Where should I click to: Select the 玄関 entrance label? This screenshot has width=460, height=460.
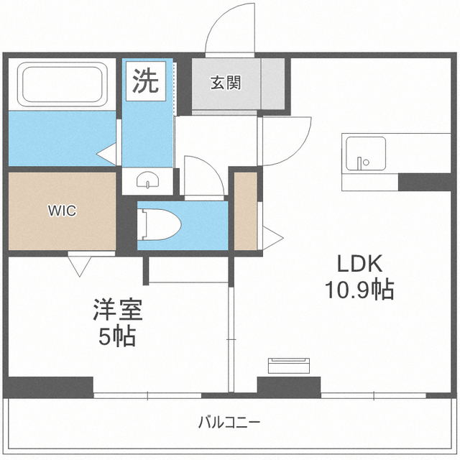(x=225, y=83)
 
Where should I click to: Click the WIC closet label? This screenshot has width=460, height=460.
(x=61, y=211)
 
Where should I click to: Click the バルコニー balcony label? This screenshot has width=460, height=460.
(x=229, y=422)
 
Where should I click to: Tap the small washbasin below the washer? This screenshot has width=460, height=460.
(x=147, y=180)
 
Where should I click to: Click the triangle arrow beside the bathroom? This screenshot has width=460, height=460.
(x=106, y=152)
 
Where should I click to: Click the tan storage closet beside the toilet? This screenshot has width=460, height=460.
(x=246, y=211)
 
